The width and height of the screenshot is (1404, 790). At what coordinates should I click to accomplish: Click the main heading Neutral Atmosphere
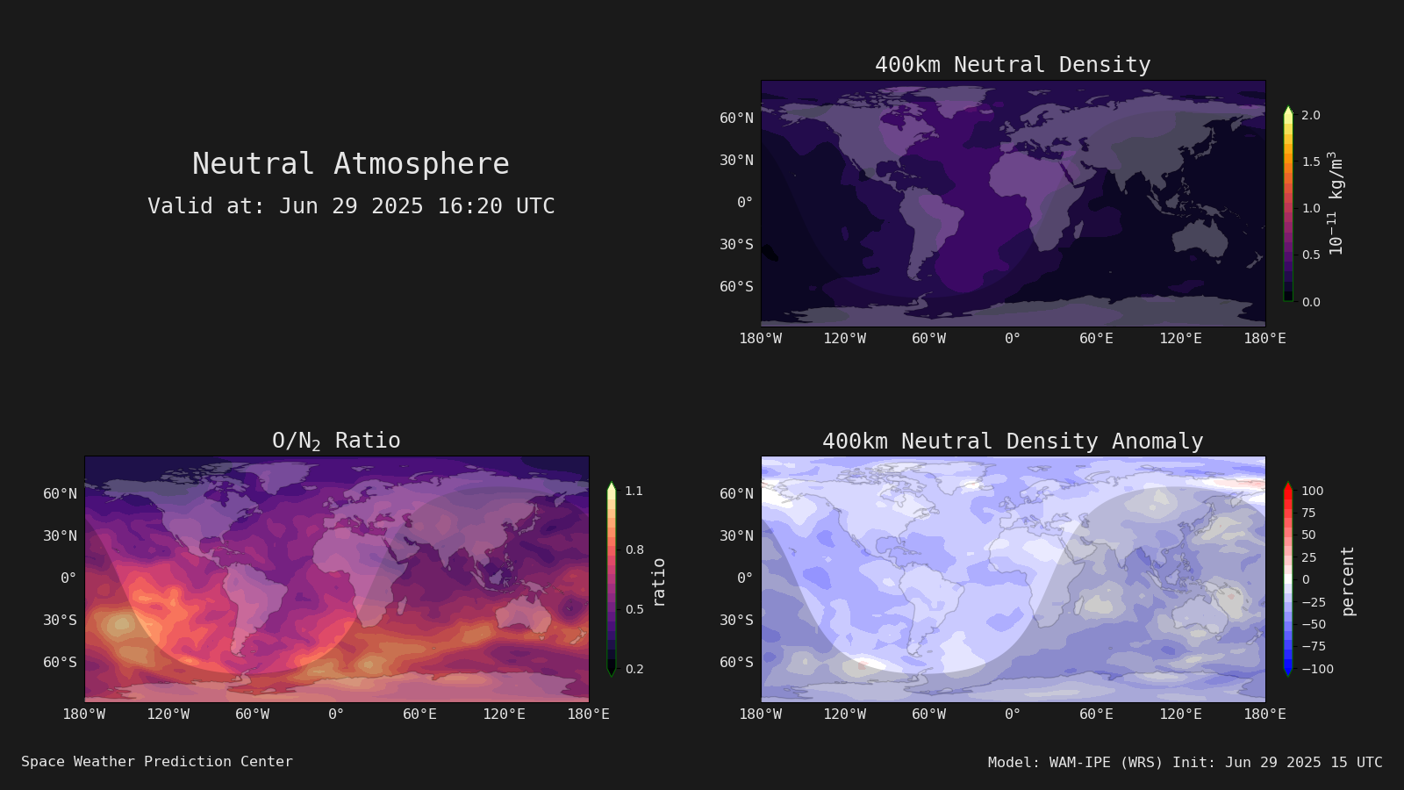tap(350, 164)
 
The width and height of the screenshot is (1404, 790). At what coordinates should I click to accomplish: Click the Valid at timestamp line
tap(351, 206)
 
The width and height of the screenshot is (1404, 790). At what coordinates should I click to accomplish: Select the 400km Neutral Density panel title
tap(1013, 65)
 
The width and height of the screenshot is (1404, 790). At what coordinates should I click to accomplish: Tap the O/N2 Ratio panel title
tap(336, 441)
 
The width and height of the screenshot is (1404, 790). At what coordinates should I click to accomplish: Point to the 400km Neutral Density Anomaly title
tap(1013, 442)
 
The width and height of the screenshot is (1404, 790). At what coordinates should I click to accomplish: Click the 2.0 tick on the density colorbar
tap(1311, 115)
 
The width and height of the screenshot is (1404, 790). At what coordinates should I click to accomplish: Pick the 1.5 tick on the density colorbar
tap(1311, 162)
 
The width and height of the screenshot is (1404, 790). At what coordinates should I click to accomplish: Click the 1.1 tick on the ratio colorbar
tap(634, 491)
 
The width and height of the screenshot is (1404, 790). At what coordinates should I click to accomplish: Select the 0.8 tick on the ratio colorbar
tap(634, 549)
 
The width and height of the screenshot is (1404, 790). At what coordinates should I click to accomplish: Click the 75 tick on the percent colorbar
tap(1308, 513)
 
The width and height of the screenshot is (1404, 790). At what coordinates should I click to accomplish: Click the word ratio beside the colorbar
tap(658, 583)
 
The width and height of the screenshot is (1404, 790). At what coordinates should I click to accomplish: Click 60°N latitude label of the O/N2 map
tap(61, 494)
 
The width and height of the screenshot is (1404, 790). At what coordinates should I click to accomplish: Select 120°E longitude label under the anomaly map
tap(1180, 715)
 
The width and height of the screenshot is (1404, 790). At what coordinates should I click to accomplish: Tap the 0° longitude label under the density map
tap(1013, 339)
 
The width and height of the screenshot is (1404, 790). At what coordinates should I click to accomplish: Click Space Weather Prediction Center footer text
tap(157, 762)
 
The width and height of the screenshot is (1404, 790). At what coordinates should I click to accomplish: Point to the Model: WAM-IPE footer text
tap(1185, 763)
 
